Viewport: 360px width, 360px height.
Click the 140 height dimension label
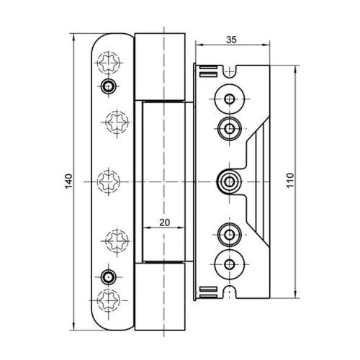click(x=68, y=181)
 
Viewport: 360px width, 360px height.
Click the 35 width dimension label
click(x=231, y=40)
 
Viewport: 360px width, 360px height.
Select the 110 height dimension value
click(x=290, y=180)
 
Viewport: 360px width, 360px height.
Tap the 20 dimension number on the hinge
click(x=165, y=222)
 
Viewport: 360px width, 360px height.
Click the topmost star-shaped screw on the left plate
click(x=109, y=63)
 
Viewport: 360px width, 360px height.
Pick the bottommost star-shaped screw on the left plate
click(x=109, y=300)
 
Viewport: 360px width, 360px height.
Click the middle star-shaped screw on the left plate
click(x=109, y=181)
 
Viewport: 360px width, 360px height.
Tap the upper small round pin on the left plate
click(x=108, y=86)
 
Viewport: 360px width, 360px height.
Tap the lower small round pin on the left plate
click(x=108, y=277)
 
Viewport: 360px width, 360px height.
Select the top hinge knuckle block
click(x=160, y=66)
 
